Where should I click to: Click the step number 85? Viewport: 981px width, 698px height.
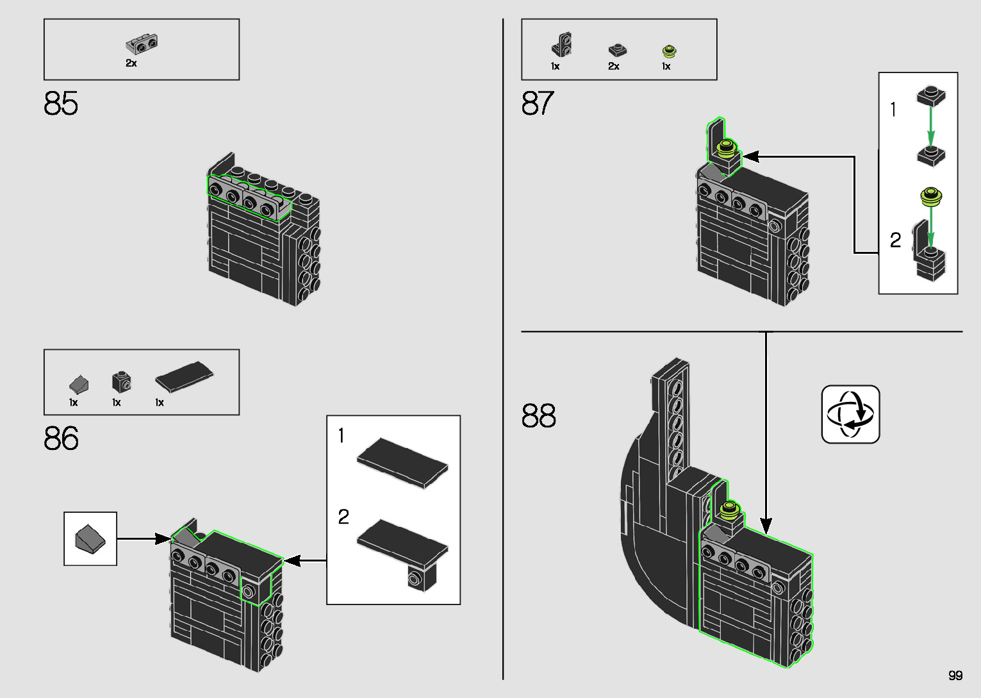(x=61, y=103)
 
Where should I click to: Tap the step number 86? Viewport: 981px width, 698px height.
(x=62, y=438)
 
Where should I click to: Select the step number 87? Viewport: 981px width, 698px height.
(x=538, y=103)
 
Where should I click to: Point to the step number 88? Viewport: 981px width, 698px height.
(x=539, y=415)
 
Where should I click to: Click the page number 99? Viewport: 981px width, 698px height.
(x=955, y=675)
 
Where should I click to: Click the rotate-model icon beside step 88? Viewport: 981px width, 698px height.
(x=850, y=414)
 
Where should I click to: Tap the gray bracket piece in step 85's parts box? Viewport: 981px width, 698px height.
(x=142, y=44)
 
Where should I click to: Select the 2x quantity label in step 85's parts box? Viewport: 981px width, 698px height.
(x=131, y=63)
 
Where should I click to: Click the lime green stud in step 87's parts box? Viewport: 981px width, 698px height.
(x=669, y=51)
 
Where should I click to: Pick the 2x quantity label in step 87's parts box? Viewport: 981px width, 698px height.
(x=614, y=66)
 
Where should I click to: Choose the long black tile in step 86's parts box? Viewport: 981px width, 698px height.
(x=185, y=376)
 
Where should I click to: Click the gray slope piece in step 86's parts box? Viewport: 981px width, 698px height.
(x=79, y=385)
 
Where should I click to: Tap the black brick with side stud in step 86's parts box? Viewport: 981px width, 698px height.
(x=122, y=382)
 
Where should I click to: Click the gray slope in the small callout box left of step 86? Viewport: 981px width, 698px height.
(x=90, y=539)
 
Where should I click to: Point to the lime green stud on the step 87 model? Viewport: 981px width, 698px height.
(x=727, y=148)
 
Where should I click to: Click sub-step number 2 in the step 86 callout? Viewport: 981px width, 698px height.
(x=343, y=517)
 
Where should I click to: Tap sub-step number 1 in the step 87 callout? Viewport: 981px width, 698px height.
(x=893, y=109)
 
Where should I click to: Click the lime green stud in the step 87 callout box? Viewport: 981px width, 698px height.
(x=931, y=197)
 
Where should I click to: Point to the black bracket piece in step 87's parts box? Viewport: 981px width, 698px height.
(x=561, y=44)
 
